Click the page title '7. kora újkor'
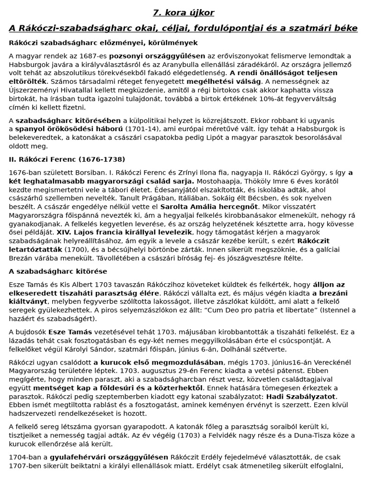[x=184, y=12]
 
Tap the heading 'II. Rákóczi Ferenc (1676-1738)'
[x=67, y=159]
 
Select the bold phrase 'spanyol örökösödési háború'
[x=69, y=129]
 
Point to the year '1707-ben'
[x=25, y=465]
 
